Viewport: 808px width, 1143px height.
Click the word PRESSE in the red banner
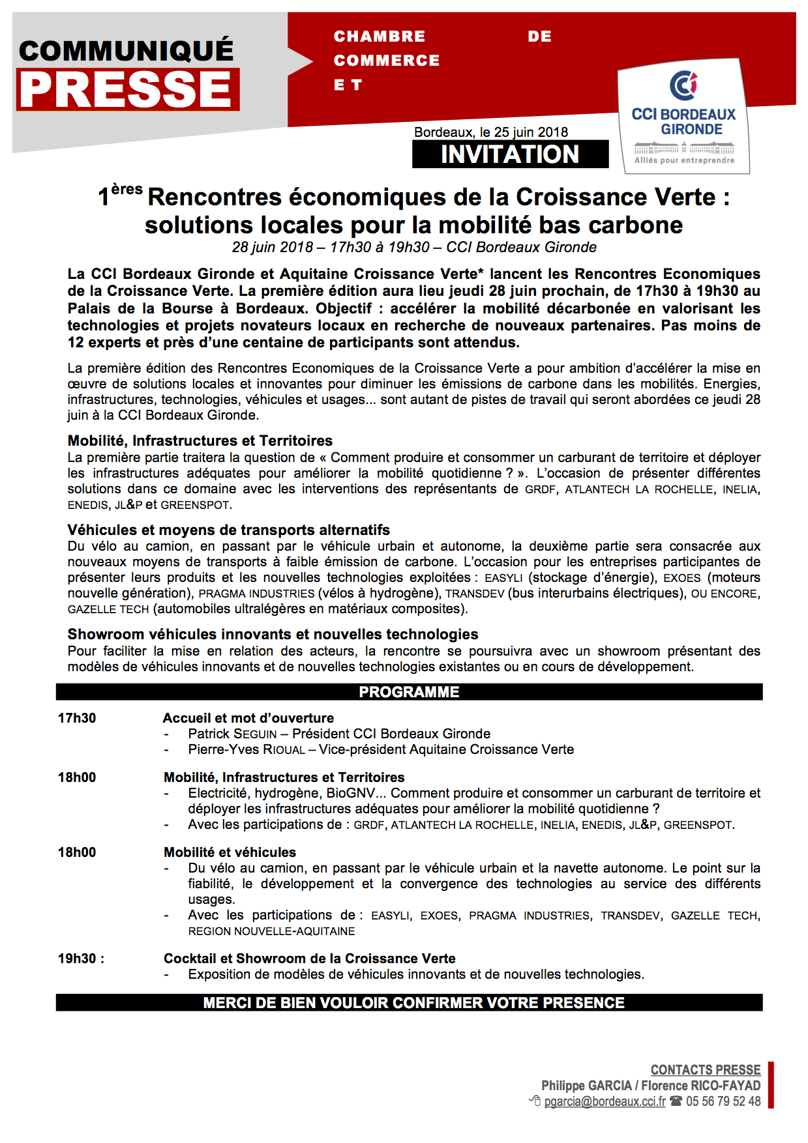point(128,89)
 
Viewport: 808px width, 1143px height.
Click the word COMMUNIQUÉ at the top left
point(126,51)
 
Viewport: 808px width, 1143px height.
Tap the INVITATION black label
point(510,154)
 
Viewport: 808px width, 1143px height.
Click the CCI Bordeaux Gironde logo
point(683,117)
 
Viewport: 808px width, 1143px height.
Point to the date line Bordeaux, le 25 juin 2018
point(490,132)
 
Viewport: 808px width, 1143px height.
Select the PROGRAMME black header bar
point(409,692)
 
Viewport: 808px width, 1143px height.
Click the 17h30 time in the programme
point(77,718)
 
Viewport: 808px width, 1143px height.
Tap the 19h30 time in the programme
point(77,959)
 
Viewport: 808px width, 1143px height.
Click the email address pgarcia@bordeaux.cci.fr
point(605,1101)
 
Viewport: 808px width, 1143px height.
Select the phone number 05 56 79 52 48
point(723,1101)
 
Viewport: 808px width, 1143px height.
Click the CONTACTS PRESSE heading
point(705,1070)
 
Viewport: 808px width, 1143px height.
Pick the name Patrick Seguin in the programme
point(232,734)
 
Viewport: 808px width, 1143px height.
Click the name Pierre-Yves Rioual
point(247,749)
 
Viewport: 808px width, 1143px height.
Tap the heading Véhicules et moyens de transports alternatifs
point(228,530)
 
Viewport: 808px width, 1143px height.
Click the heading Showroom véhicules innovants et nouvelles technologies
point(273,634)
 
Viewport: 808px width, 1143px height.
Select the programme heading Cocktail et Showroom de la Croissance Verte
point(309,959)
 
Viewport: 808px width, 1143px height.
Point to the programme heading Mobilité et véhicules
point(230,852)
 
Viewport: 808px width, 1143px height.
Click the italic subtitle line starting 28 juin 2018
point(414,248)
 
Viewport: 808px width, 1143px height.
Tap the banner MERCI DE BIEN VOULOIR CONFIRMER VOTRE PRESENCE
point(413,1003)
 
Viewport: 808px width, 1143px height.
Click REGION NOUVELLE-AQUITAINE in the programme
point(271,931)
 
